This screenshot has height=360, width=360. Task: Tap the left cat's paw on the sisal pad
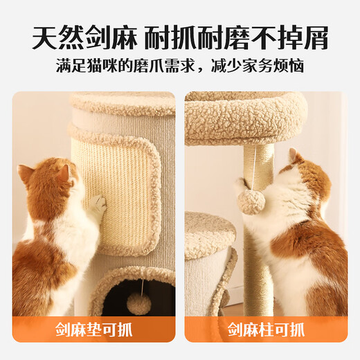[98, 205]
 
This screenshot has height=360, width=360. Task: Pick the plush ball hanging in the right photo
[251, 202]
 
